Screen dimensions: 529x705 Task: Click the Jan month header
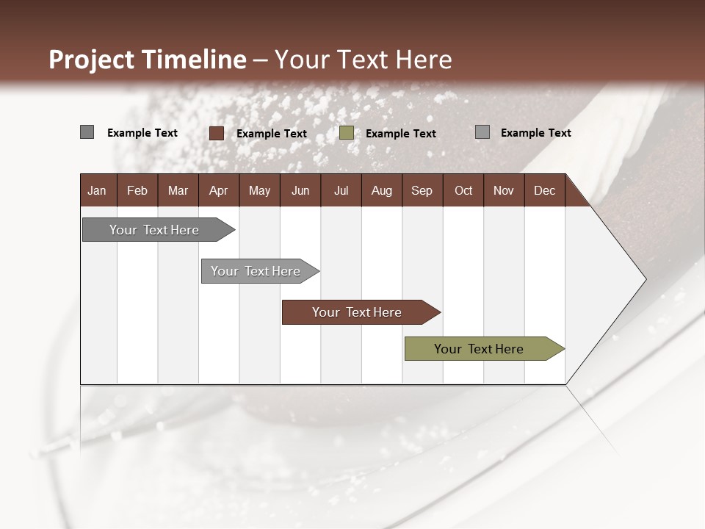[97, 190]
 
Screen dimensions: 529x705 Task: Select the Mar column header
[178, 190]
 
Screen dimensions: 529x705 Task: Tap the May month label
[259, 190]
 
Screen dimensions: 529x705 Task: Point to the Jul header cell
[341, 190]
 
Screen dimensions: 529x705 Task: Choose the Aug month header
[381, 190]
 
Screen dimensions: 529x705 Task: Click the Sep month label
[422, 190]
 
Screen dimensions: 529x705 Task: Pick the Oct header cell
[463, 190]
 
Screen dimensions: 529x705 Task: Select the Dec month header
[544, 190]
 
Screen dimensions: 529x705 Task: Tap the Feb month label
[137, 190]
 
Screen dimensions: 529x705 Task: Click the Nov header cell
[503, 190]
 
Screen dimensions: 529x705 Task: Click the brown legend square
[217, 133]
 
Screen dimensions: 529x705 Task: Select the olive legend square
[347, 133]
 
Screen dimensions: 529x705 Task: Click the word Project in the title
[92, 60]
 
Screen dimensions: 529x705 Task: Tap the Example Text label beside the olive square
[400, 134]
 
